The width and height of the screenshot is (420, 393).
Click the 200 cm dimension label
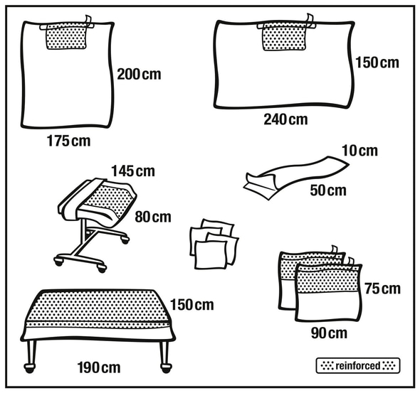(139, 75)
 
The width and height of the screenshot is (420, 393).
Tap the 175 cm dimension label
(68, 141)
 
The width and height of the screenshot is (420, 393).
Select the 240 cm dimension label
(285, 119)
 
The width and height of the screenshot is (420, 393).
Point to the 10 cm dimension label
(359, 151)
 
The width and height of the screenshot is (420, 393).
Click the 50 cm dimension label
(328, 190)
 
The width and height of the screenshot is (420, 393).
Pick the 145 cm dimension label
(133, 171)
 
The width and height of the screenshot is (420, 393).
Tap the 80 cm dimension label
(153, 217)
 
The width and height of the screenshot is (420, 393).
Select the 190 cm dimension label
(99, 367)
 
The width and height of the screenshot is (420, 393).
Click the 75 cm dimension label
(382, 289)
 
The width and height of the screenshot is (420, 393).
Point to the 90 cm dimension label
(329, 333)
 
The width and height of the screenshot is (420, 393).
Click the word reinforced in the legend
(358, 365)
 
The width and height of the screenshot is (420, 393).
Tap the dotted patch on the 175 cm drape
(66, 36)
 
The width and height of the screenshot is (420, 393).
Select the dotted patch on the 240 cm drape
(285, 37)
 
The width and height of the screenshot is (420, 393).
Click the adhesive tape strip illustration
(296, 176)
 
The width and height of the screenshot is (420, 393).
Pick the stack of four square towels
(214, 244)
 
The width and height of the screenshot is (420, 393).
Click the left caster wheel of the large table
(30, 367)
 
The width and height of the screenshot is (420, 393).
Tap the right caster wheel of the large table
(166, 367)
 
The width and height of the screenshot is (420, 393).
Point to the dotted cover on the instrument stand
(108, 199)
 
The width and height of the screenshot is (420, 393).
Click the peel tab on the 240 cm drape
(310, 21)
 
